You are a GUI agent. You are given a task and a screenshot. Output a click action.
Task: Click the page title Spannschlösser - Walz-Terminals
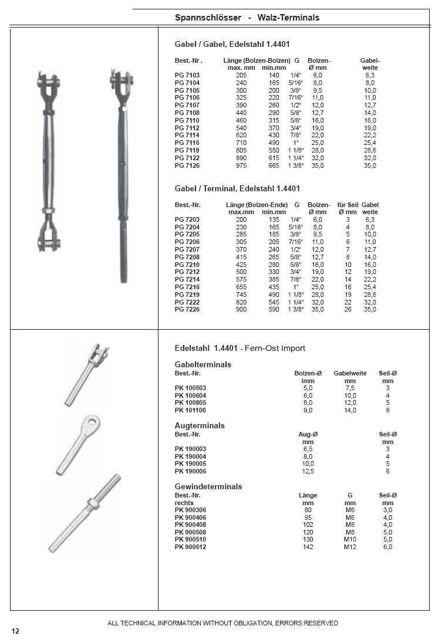[247, 18]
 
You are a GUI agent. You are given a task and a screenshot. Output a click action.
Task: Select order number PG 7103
[187, 76]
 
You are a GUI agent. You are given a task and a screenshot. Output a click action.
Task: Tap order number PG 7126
[187, 166]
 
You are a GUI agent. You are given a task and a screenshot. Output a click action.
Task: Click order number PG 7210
[187, 265]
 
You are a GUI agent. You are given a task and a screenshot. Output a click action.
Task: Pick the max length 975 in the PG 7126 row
[241, 166]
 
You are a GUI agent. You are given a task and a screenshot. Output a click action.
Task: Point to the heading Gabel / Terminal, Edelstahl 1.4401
[237, 189]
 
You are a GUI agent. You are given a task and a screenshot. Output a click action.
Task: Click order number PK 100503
[191, 388]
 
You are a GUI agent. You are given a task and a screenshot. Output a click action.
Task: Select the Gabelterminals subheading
[203, 364]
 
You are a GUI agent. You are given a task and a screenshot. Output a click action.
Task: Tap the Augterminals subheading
[200, 425]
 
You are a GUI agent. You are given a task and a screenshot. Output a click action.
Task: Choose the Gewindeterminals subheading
[208, 486]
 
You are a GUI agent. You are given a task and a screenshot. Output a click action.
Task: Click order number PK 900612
[191, 547]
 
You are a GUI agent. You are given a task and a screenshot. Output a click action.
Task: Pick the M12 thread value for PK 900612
[350, 547]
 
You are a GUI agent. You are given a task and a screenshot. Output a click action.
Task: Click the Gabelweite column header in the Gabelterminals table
[350, 373]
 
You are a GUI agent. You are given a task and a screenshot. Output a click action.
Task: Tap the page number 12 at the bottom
[15, 631]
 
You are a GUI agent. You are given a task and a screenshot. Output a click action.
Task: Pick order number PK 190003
[191, 449]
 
